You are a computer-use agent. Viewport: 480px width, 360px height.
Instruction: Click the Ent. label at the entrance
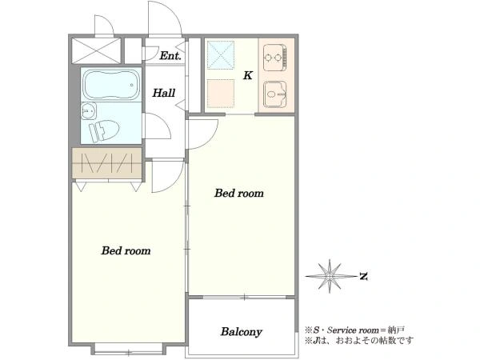(170, 56)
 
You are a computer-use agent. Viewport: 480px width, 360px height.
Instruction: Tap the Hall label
(164, 93)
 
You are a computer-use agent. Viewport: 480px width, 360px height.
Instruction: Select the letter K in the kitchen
(248, 75)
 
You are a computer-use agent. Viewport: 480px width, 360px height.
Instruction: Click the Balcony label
(242, 332)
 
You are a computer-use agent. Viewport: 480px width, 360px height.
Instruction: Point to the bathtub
(111, 85)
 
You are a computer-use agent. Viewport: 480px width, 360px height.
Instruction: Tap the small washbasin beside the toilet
(89, 110)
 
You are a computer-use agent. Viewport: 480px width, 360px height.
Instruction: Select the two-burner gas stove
(274, 58)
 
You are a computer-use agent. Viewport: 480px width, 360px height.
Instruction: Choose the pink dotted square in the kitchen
(221, 94)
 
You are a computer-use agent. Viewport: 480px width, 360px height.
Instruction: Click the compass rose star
(330, 276)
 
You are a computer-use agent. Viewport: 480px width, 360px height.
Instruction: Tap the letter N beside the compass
(363, 277)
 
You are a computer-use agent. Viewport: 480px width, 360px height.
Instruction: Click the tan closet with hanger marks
(107, 163)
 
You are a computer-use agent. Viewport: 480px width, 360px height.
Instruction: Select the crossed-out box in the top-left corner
(96, 51)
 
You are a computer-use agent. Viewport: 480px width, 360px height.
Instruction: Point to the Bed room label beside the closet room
(126, 250)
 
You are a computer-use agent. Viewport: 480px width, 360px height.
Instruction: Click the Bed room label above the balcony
(238, 193)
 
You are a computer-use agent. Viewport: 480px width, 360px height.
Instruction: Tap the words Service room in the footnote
(353, 330)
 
